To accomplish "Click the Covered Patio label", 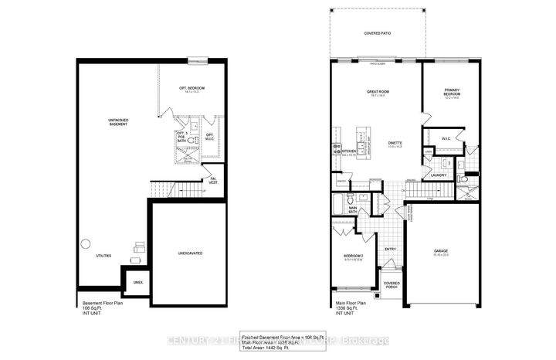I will click(x=378, y=34).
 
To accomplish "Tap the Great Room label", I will click(x=376, y=93).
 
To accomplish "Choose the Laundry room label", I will click(x=440, y=175).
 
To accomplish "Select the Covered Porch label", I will click(x=392, y=285).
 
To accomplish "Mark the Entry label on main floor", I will click(x=391, y=249).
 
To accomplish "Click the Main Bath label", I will click(x=352, y=209).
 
